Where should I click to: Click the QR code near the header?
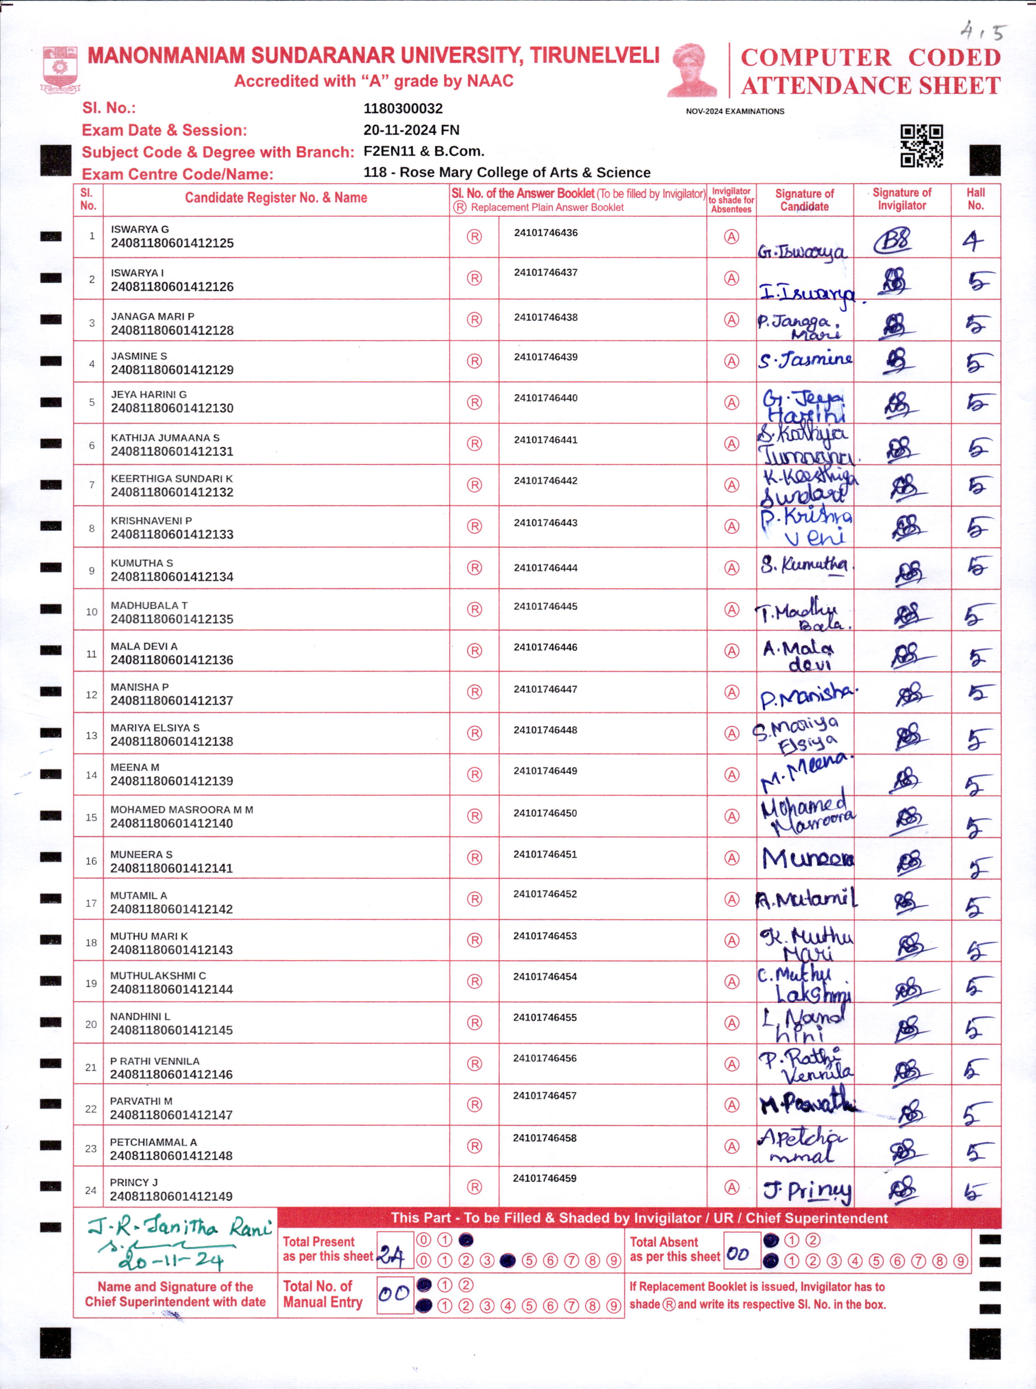(x=921, y=146)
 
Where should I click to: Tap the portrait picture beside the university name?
(x=692, y=70)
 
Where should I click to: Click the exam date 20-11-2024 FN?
(x=411, y=130)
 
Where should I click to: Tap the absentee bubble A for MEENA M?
(x=731, y=775)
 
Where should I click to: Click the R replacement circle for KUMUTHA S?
(x=474, y=568)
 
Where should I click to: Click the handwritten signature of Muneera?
(x=807, y=858)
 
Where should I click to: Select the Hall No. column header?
(x=975, y=199)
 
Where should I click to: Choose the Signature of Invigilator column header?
(x=901, y=199)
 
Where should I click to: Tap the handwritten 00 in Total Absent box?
(x=738, y=1254)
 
